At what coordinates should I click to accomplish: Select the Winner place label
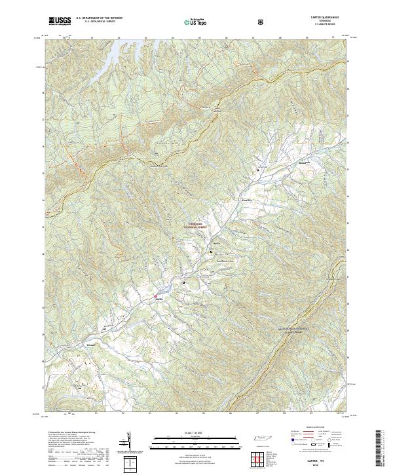click(91, 343)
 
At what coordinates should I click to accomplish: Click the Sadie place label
click(215, 243)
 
